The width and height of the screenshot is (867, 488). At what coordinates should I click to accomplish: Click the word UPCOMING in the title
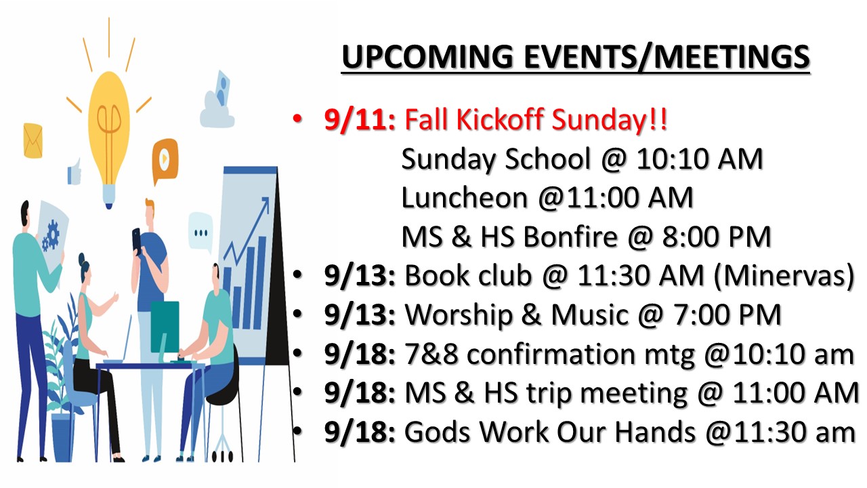427,57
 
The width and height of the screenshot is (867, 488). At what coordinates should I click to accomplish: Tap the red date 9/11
360,119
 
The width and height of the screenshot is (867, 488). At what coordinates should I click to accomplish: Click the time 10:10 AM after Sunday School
700,159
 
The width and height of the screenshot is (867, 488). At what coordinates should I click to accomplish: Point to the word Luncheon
465,197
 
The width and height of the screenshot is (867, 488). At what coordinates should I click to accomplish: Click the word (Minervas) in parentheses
784,276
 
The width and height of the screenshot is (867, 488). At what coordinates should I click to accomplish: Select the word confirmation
551,354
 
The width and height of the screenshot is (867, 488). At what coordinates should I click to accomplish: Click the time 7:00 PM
727,314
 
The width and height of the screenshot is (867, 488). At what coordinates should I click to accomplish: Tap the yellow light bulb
109,140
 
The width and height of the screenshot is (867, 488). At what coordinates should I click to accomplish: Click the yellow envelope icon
33,140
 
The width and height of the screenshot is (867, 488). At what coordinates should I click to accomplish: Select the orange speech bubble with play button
165,159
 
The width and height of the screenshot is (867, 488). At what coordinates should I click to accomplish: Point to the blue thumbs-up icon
75,171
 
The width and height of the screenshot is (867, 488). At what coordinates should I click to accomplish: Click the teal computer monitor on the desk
165,327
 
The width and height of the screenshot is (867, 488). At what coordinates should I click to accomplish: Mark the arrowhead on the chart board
266,203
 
